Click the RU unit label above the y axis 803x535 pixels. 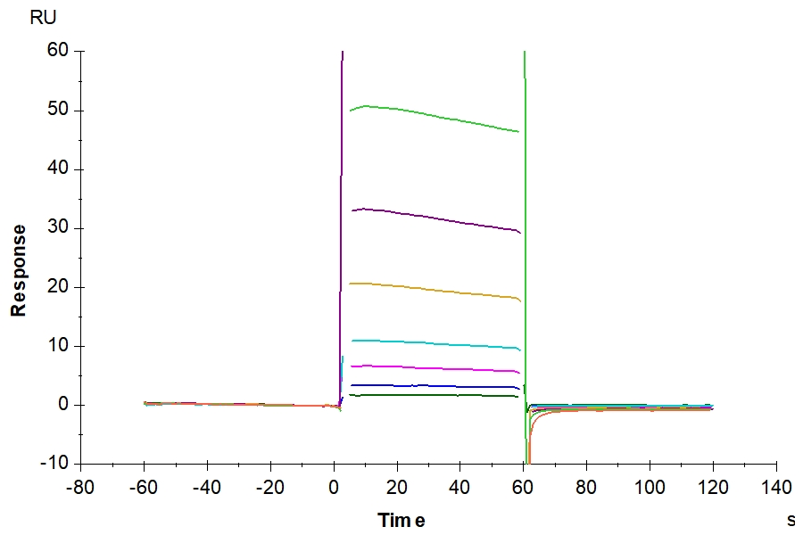(42, 18)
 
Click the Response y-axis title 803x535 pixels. (18, 270)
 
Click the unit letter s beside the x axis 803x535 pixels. (791, 521)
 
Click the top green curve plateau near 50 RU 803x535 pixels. (428, 117)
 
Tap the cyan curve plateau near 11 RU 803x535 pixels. (428, 343)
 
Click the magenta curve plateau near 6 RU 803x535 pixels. (428, 368)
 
